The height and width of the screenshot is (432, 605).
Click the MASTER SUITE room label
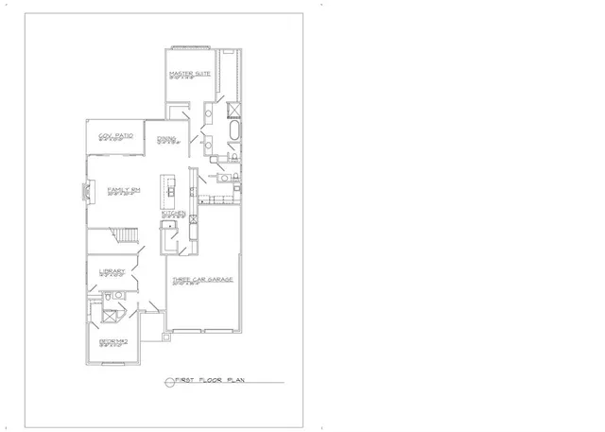[187, 73]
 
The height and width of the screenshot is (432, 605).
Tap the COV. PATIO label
[115, 137]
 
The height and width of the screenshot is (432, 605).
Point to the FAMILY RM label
[124, 190]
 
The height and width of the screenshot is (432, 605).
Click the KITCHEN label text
[172, 214]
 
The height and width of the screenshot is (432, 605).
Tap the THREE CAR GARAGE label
[201, 280]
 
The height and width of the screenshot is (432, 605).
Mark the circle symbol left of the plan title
[170, 381]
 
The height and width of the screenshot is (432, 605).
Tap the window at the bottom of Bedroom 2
[112, 362]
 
